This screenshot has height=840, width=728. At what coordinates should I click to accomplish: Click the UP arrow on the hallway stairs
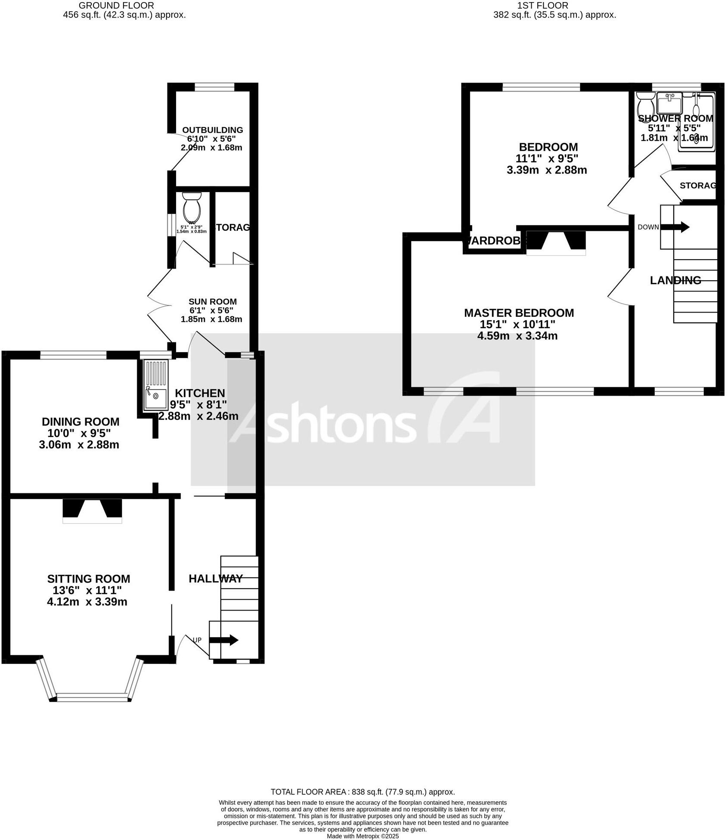[229, 640]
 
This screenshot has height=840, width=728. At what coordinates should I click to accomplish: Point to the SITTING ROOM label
[88, 579]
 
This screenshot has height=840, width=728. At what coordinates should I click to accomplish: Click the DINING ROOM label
[80, 422]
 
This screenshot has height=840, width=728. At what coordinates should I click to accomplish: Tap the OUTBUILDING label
[212, 130]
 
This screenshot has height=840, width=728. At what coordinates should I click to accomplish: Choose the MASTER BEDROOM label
[518, 313]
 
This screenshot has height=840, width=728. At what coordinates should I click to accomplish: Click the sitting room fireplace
[92, 511]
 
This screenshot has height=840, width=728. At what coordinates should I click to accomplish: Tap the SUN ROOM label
[212, 301]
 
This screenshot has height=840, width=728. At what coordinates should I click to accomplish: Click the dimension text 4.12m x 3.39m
[87, 602]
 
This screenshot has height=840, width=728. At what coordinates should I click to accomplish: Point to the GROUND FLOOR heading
[116, 6]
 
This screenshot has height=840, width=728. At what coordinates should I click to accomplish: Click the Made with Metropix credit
[362, 836]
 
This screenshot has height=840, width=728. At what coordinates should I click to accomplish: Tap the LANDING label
[675, 280]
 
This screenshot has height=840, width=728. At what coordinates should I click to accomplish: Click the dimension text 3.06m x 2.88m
[79, 445]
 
